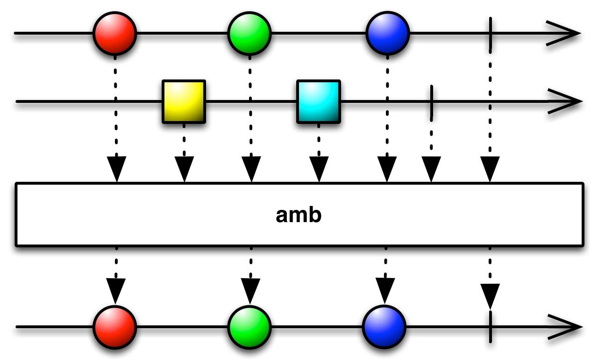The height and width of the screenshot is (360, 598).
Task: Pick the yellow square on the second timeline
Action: [x=184, y=101]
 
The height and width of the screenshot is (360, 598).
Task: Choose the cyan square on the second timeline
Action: [x=318, y=101]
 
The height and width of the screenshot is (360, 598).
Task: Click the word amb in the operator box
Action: [x=299, y=215]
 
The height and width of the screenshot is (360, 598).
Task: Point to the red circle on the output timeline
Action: [x=115, y=326]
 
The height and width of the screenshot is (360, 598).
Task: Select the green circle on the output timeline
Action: [x=249, y=326]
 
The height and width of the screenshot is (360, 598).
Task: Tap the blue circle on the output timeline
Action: [x=384, y=326]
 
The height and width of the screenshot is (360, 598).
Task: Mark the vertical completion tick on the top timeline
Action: [x=490, y=34]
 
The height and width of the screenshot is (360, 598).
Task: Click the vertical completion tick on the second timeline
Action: [x=431, y=101]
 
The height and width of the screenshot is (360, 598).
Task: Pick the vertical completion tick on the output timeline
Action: [x=490, y=326]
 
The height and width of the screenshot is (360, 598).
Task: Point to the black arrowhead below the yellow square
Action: [x=184, y=169]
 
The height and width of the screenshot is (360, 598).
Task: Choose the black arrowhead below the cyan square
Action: [x=319, y=169]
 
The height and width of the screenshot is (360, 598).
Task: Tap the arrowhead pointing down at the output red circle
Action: [x=116, y=290]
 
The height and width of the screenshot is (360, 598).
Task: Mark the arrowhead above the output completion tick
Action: [x=490, y=296]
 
